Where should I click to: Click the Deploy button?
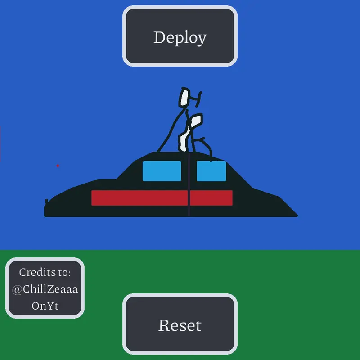tap(180, 36)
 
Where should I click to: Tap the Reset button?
tap(180, 324)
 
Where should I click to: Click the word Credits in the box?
tap(37, 272)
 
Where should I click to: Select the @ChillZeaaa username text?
tap(45, 289)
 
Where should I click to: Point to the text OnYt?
tap(45, 306)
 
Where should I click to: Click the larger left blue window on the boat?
tap(162, 171)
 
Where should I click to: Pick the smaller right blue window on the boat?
tap(211, 171)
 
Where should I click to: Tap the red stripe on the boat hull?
tap(162, 198)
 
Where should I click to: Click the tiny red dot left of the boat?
tap(58, 166)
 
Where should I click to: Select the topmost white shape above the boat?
tap(184, 97)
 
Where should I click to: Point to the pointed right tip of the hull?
tap(297, 216)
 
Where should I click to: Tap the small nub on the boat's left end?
tap(46, 201)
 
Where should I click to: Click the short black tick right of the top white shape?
tap(199, 99)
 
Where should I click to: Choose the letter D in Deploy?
tap(160, 37)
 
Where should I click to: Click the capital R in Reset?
tap(165, 325)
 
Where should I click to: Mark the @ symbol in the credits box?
tap(17, 289)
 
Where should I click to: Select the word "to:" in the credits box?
tap(64, 273)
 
